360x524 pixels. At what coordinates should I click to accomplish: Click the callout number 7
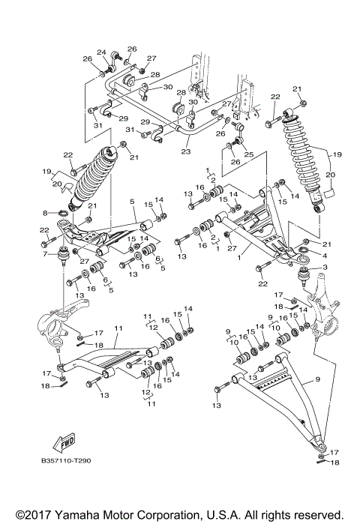45,254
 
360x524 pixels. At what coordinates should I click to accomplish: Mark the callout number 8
45,213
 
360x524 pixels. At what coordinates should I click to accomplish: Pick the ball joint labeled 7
62,257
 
